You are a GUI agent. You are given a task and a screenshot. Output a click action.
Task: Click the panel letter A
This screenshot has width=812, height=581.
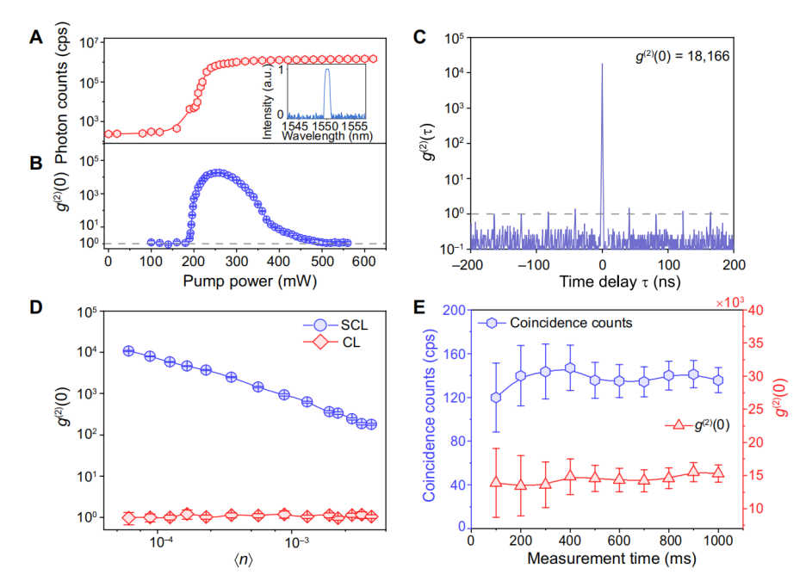36,36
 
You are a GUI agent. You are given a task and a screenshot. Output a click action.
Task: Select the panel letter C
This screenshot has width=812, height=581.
419,36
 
